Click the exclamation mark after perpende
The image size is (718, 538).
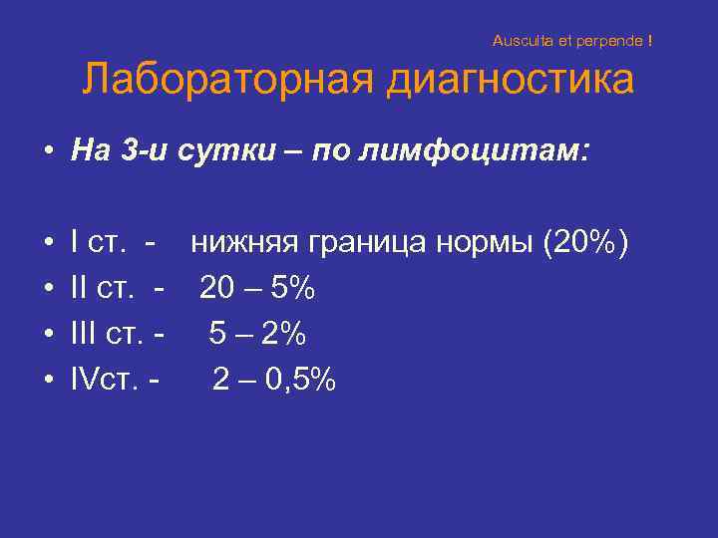coord(650,42)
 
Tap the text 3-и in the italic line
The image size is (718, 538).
coord(165,151)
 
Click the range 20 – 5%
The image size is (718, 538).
coord(257,289)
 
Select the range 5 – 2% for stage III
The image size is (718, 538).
coord(256,334)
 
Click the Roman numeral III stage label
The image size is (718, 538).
coord(88,334)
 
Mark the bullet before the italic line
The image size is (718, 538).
coord(48,152)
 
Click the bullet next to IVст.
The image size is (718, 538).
coord(48,380)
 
